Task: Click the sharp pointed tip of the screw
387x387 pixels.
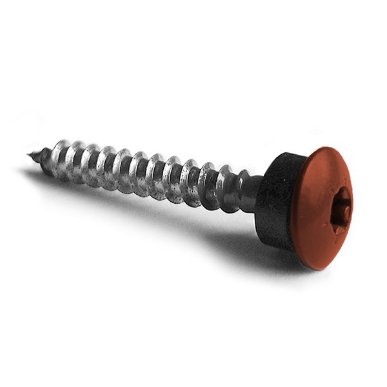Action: point(29,154)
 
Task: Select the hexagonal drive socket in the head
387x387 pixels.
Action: point(339,210)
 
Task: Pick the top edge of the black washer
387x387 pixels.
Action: point(284,154)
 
